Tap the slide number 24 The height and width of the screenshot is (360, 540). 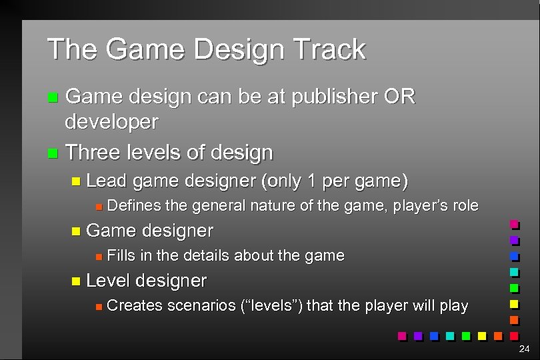524,349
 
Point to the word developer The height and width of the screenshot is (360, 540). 111,122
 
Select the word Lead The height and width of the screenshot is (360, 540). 107,181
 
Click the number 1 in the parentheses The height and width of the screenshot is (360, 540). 310,181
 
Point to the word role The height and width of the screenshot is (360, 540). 465,206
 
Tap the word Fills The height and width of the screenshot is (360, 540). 121,256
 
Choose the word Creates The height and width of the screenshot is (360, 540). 134,306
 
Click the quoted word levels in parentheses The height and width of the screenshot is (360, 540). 271,306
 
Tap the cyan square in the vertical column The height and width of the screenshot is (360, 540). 514,272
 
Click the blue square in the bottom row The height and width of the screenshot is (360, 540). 434,335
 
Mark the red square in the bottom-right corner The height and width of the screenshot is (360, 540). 514,335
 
